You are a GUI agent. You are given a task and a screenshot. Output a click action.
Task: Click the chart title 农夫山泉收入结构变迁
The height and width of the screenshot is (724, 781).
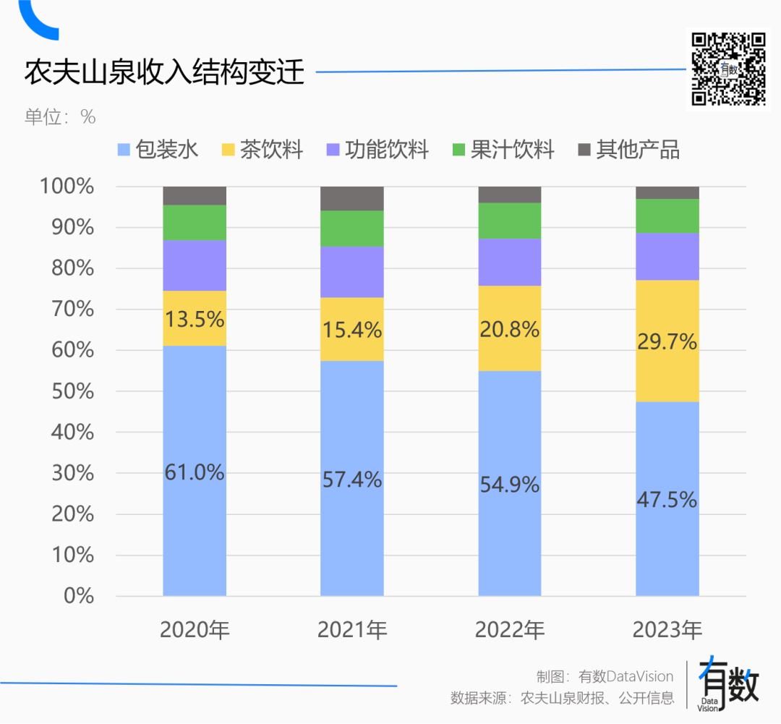tap(165, 73)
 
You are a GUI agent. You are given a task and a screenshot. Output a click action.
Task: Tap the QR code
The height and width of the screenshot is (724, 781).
tap(728, 69)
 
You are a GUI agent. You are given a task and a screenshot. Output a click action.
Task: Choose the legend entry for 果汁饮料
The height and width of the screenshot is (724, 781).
tap(503, 150)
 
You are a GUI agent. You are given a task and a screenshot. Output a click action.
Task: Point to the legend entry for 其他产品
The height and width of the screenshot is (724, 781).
tap(629, 150)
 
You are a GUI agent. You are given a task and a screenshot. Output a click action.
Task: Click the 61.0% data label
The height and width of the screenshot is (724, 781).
tap(195, 472)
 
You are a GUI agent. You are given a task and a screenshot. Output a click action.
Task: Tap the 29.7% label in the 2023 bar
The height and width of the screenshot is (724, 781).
tap(667, 341)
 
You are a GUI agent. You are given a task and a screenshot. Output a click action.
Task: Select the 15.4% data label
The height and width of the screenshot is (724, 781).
tap(352, 330)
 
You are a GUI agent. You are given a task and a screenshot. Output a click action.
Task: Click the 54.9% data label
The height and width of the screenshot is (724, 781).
tap(510, 485)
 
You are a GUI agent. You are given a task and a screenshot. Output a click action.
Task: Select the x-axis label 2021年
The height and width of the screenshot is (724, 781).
tap(352, 630)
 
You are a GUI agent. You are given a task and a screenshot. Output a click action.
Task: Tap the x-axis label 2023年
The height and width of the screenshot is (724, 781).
tap(667, 630)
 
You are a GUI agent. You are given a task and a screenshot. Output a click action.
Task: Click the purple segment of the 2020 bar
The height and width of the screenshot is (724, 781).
tap(195, 265)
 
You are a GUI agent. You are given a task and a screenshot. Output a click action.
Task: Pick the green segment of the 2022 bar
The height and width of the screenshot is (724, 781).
tap(510, 221)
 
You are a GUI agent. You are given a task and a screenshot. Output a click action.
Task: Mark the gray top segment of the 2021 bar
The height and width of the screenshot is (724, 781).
tap(352, 198)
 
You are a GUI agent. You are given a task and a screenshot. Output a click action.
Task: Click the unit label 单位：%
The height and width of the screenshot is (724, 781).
tap(60, 117)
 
